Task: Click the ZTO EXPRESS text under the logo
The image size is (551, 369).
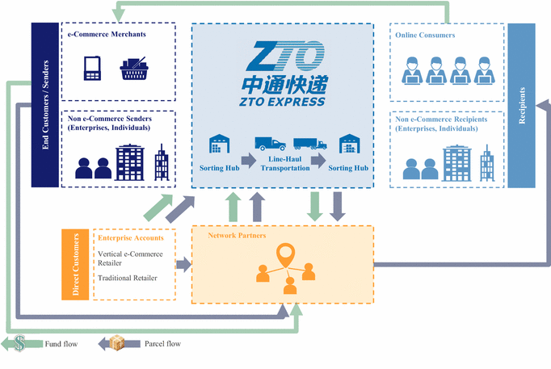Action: pos(282,102)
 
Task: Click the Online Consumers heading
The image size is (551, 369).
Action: pos(425,36)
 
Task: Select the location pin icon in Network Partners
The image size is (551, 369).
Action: pos(284,256)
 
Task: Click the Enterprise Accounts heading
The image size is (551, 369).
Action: pos(130,238)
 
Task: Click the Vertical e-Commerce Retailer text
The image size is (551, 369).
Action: pos(130,258)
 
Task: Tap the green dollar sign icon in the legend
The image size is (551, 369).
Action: pos(21,344)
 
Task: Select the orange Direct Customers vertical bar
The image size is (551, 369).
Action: pos(75,264)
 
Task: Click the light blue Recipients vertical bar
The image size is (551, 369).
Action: pos(521,105)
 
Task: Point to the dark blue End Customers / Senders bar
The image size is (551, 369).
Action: pos(44,105)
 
